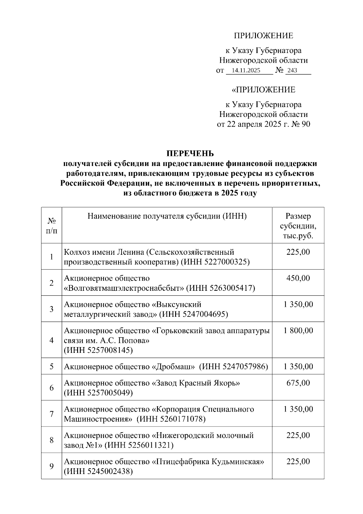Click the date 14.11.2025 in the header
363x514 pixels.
(245, 71)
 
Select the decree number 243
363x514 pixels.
(292, 71)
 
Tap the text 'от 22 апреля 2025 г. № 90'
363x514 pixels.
(263, 124)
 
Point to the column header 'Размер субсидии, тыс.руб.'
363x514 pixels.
(298, 226)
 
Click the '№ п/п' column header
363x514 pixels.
(51, 226)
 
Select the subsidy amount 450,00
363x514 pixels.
(298, 278)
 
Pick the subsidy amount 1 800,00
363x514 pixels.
(298, 330)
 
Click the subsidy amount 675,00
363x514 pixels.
(298, 383)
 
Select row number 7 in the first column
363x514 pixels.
(51, 414)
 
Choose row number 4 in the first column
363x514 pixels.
(51, 340)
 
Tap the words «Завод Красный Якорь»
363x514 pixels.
(196, 383)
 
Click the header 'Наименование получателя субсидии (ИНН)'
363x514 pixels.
(167, 216)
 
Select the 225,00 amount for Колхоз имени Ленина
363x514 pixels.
(298, 252)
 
